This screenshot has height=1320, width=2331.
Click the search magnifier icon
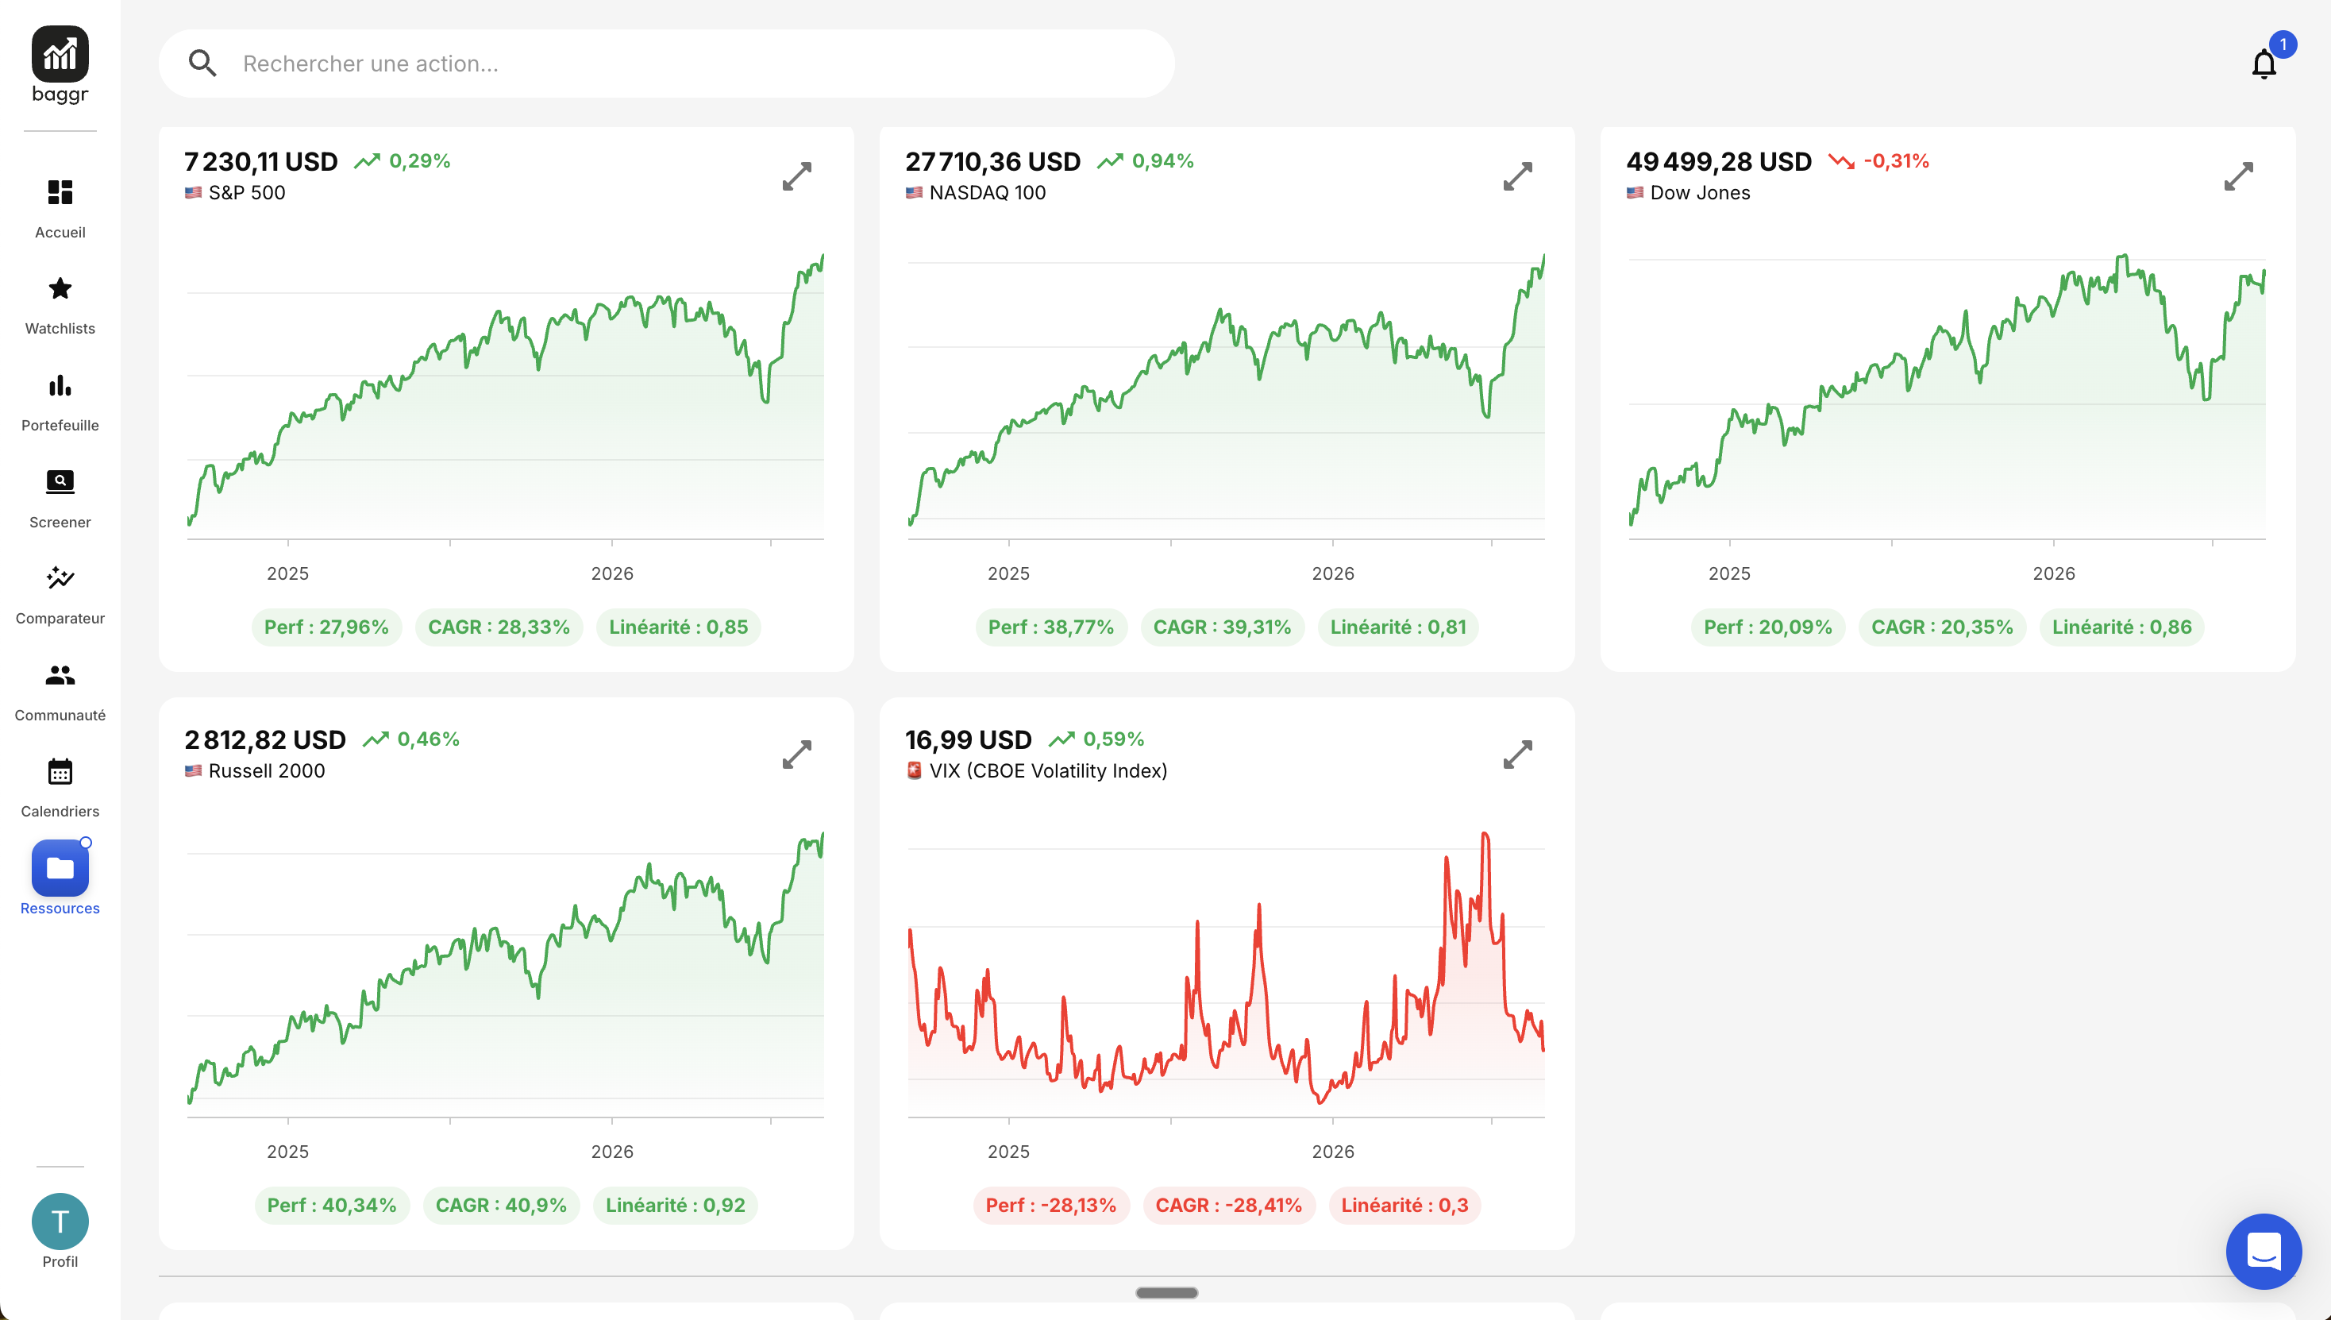(x=202, y=64)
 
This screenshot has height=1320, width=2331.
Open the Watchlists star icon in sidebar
(x=60, y=289)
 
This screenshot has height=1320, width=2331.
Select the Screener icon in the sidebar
(x=60, y=481)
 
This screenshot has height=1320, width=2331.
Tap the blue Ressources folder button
(x=60, y=867)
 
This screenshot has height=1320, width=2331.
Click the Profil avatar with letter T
(x=60, y=1222)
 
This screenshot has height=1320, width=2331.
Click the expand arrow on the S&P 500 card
(x=796, y=176)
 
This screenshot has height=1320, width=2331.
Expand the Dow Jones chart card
(x=2239, y=176)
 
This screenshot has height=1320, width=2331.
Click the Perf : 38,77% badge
(x=1051, y=627)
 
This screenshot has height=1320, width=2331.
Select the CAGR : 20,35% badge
(x=1942, y=627)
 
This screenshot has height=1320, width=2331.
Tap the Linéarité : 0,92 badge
(x=675, y=1206)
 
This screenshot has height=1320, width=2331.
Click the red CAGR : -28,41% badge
(x=1229, y=1206)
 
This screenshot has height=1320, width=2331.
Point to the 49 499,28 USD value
(x=1718, y=161)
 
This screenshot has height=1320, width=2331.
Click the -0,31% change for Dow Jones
(x=1896, y=161)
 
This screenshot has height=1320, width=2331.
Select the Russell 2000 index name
(x=267, y=770)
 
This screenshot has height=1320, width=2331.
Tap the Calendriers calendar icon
(x=60, y=771)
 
